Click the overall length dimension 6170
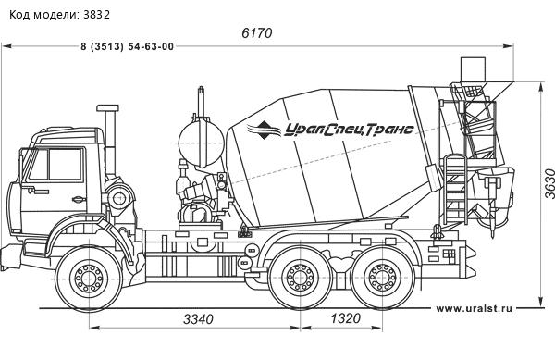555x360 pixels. [257, 33]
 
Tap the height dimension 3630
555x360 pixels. [549, 184]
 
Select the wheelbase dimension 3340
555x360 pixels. [198, 319]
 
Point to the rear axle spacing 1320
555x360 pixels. [345, 318]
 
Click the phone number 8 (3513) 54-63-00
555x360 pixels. [128, 46]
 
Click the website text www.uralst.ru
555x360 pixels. [474, 308]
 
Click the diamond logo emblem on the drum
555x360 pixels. [263, 130]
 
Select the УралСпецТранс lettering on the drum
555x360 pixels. [349, 130]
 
